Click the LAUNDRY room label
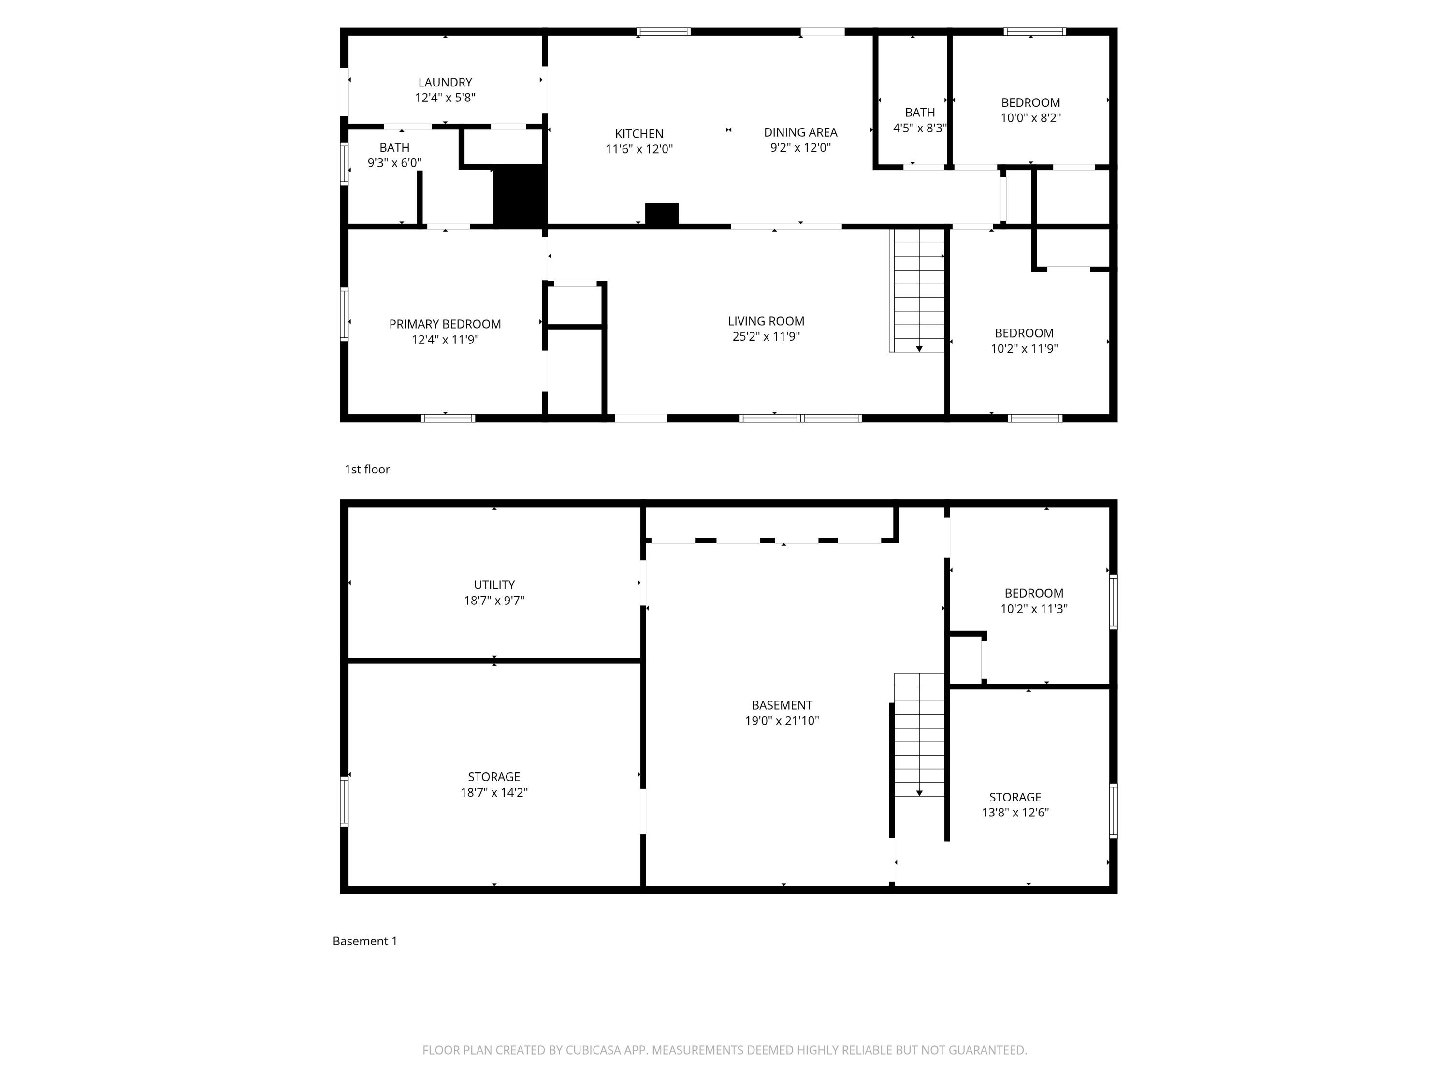pyautogui.click(x=445, y=83)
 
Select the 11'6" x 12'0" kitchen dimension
pyautogui.click(x=638, y=149)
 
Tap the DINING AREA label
pyautogui.click(x=800, y=132)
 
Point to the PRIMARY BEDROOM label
pyautogui.click(x=445, y=324)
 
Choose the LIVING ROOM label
pyautogui.click(x=766, y=321)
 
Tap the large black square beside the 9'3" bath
pyautogui.click(x=519, y=195)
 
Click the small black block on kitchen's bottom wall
pyautogui.click(x=661, y=214)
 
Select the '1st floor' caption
pyautogui.click(x=367, y=469)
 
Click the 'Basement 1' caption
pyautogui.click(x=364, y=941)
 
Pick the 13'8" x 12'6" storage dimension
pyautogui.click(x=1015, y=813)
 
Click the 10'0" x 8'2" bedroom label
pyautogui.click(x=1030, y=118)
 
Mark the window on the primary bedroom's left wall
pyautogui.click(x=344, y=315)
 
